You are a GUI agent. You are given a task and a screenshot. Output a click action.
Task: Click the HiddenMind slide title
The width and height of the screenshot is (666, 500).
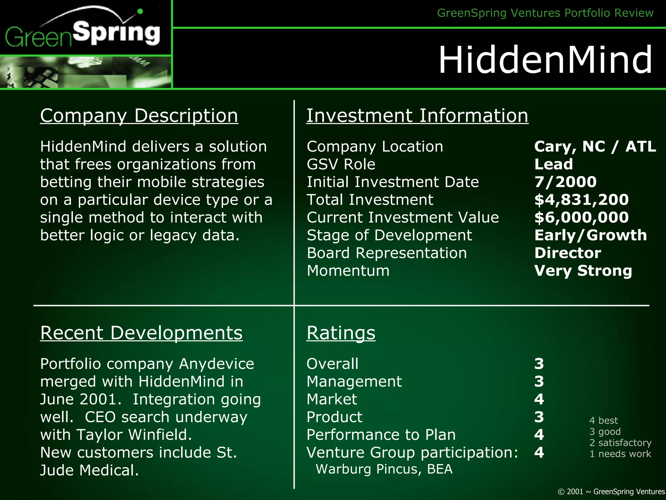545,60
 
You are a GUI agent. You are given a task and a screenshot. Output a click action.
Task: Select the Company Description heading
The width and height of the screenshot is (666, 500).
139,116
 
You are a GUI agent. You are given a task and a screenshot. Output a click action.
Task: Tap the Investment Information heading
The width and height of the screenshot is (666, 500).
417,116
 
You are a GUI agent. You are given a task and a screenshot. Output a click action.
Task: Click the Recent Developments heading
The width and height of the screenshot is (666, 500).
141,333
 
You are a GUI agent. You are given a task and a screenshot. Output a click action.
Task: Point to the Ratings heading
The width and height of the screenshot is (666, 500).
341,333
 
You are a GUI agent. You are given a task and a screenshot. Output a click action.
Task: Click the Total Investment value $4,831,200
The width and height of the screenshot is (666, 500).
581,200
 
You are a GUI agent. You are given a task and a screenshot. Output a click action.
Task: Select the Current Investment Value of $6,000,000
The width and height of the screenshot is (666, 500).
581,217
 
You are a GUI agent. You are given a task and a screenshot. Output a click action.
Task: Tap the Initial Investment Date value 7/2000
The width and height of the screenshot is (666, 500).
566,182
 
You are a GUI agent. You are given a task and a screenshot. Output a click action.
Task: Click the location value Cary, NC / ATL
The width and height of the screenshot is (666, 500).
595,146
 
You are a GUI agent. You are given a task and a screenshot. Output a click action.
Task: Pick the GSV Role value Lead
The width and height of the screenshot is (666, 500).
553,164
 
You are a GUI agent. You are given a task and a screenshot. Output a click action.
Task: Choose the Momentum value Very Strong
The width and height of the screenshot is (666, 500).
583,271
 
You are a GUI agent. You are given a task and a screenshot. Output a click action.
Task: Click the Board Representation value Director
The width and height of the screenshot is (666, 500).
568,253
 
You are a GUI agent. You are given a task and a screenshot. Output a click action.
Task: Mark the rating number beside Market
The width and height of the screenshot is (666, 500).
539,399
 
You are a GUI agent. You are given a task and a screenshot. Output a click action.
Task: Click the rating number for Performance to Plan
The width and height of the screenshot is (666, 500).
539,435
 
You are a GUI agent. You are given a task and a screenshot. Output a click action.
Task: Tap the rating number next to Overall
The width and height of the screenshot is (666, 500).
539,364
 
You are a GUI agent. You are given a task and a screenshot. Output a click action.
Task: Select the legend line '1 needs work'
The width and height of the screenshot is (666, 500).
620,454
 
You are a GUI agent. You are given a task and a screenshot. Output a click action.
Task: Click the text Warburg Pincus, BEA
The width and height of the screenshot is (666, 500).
384,469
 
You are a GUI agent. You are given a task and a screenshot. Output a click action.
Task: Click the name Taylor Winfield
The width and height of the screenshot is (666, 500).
134,435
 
